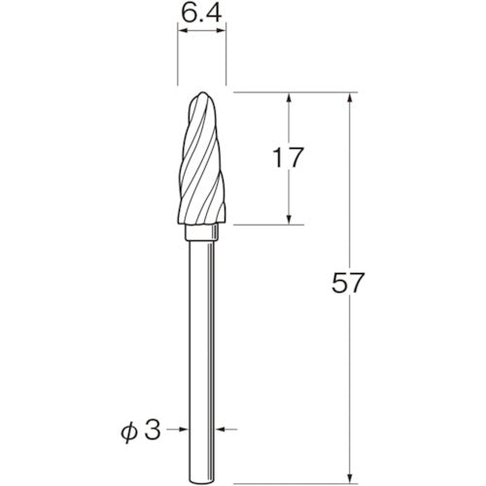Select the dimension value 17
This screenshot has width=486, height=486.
pos(287,156)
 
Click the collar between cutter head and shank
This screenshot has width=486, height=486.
pos(201,236)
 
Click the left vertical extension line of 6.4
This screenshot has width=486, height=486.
pos(177,58)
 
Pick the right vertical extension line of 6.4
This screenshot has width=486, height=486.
pos(226,58)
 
